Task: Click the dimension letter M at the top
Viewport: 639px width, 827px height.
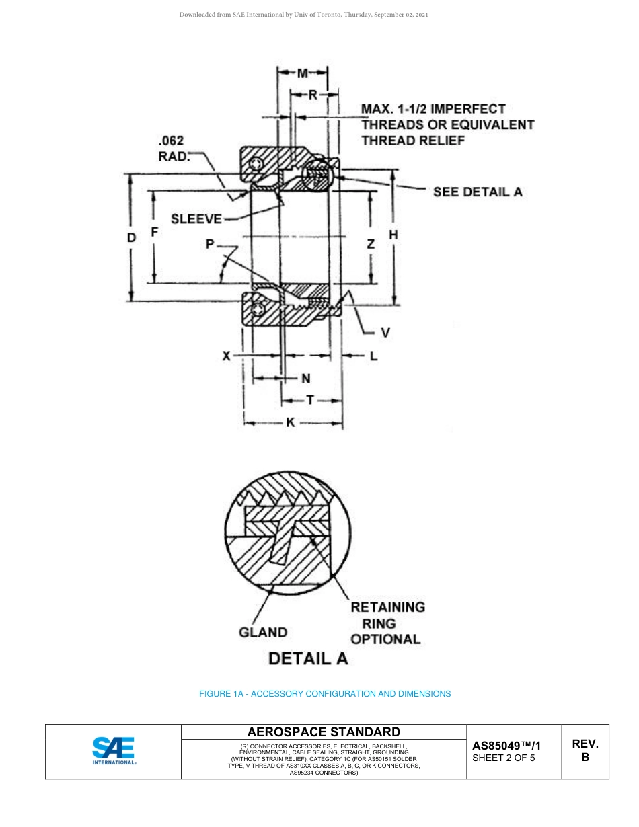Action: click(303, 73)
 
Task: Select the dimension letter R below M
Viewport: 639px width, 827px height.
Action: click(313, 95)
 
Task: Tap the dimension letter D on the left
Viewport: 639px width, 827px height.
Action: click(132, 237)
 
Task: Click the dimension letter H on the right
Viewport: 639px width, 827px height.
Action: click(393, 235)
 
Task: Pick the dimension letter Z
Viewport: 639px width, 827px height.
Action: click(371, 245)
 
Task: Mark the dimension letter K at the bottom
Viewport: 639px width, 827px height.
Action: click(291, 422)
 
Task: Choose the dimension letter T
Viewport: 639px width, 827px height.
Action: click(309, 400)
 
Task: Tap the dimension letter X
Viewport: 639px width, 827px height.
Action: click(227, 356)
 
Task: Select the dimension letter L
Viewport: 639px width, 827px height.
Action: click(373, 356)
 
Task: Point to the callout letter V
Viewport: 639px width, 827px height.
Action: click(385, 332)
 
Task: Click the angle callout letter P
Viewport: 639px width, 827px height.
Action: click(210, 245)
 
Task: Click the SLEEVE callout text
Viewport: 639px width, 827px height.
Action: click(196, 219)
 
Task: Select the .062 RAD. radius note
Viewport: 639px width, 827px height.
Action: click(172, 149)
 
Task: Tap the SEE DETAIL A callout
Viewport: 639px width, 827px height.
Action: click(478, 192)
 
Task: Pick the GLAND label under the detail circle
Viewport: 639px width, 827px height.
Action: click(263, 632)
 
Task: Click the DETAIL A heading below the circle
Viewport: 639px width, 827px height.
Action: click(308, 658)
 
